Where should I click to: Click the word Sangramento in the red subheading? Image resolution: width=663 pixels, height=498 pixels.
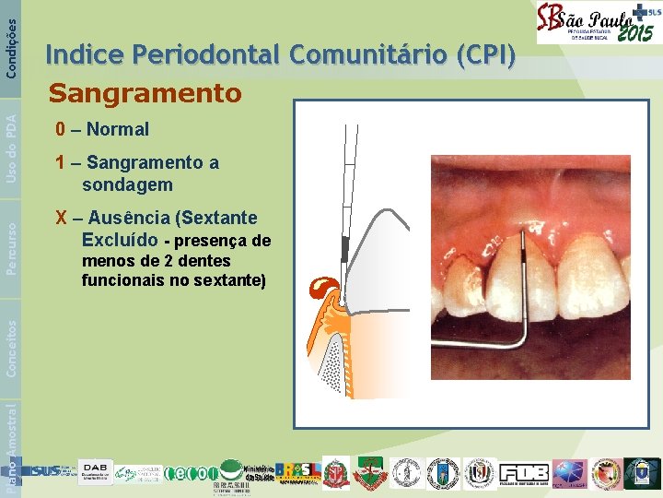tap(145, 93)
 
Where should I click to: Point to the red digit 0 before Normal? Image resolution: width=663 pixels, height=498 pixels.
tap(60, 129)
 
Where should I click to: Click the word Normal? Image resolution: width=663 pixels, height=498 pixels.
tap(118, 129)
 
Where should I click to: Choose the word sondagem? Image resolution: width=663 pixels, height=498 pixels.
tap(127, 184)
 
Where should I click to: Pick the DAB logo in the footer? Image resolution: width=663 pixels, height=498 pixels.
tap(96, 472)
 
